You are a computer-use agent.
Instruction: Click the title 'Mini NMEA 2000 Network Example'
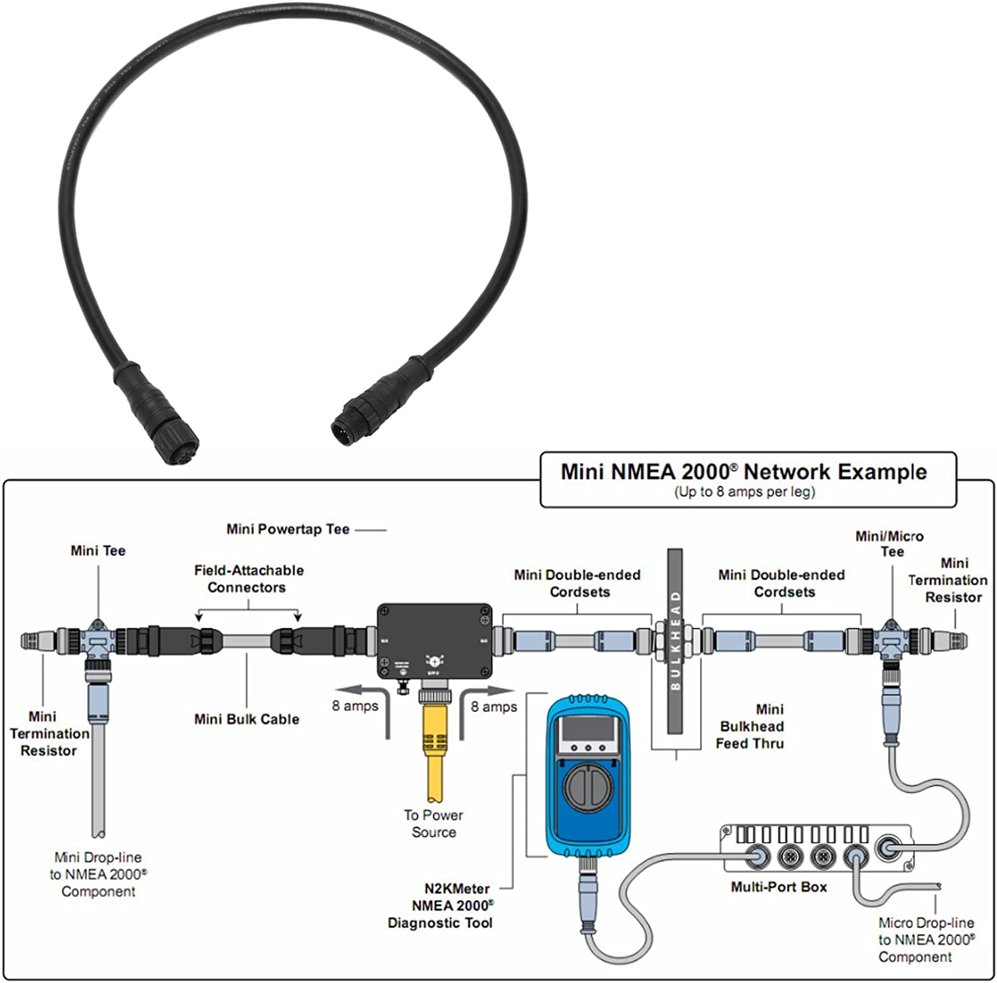pyautogui.click(x=743, y=472)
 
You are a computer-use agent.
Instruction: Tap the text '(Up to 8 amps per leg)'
pyautogui.click(x=744, y=492)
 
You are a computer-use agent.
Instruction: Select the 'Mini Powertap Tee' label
pyautogui.click(x=288, y=530)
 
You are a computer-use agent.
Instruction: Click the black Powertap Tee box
pyautogui.click(x=435, y=640)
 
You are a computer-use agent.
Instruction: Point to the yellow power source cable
pyautogui.click(x=433, y=751)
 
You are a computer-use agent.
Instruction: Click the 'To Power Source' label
pyautogui.click(x=433, y=823)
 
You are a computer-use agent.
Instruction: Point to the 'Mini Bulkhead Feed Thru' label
pyautogui.click(x=750, y=726)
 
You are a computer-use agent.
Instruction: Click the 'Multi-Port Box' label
pyautogui.click(x=778, y=887)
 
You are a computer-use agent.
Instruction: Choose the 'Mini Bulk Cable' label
pyautogui.click(x=247, y=719)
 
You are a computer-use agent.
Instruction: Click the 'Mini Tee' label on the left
pyautogui.click(x=98, y=551)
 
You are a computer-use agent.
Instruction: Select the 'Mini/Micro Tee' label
pyautogui.click(x=889, y=544)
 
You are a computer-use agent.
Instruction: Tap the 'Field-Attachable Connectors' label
pyautogui.click(x=248, y=579)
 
